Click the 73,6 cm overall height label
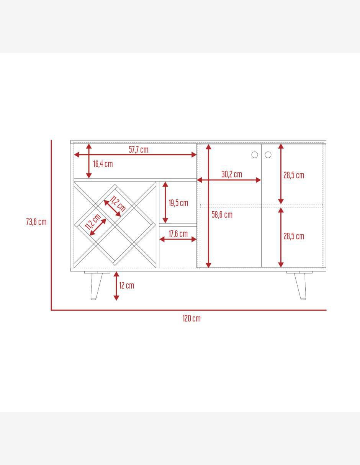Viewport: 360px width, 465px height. [x=36, y=222]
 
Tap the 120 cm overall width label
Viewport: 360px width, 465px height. [x=191, y=318]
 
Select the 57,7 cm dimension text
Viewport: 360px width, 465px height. [x=139, y=149]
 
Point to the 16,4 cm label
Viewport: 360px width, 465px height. [x=103, y=164]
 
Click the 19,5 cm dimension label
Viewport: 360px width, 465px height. [x=178, y=203]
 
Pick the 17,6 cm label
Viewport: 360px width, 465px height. [x=178, y=234]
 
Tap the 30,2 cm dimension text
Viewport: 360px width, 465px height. [x=232, y=174]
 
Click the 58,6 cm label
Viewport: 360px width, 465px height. [x=222, y=215]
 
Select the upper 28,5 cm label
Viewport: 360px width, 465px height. [x=294, y=175]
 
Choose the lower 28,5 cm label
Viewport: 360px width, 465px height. [x=294, y=236]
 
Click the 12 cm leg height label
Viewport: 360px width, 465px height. [x=126, y=285]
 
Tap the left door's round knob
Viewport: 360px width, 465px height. [x=254, y=155]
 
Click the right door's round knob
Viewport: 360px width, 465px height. [x=268, y=155]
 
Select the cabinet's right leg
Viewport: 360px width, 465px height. [x=300, y=286]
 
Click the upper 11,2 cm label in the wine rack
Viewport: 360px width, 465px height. [x=118, y=204]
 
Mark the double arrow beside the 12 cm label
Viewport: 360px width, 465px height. [x=116, y=286]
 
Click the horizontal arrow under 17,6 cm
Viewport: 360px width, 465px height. [x=178, y=240]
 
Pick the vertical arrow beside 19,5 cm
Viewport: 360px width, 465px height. [x=165, y=202]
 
